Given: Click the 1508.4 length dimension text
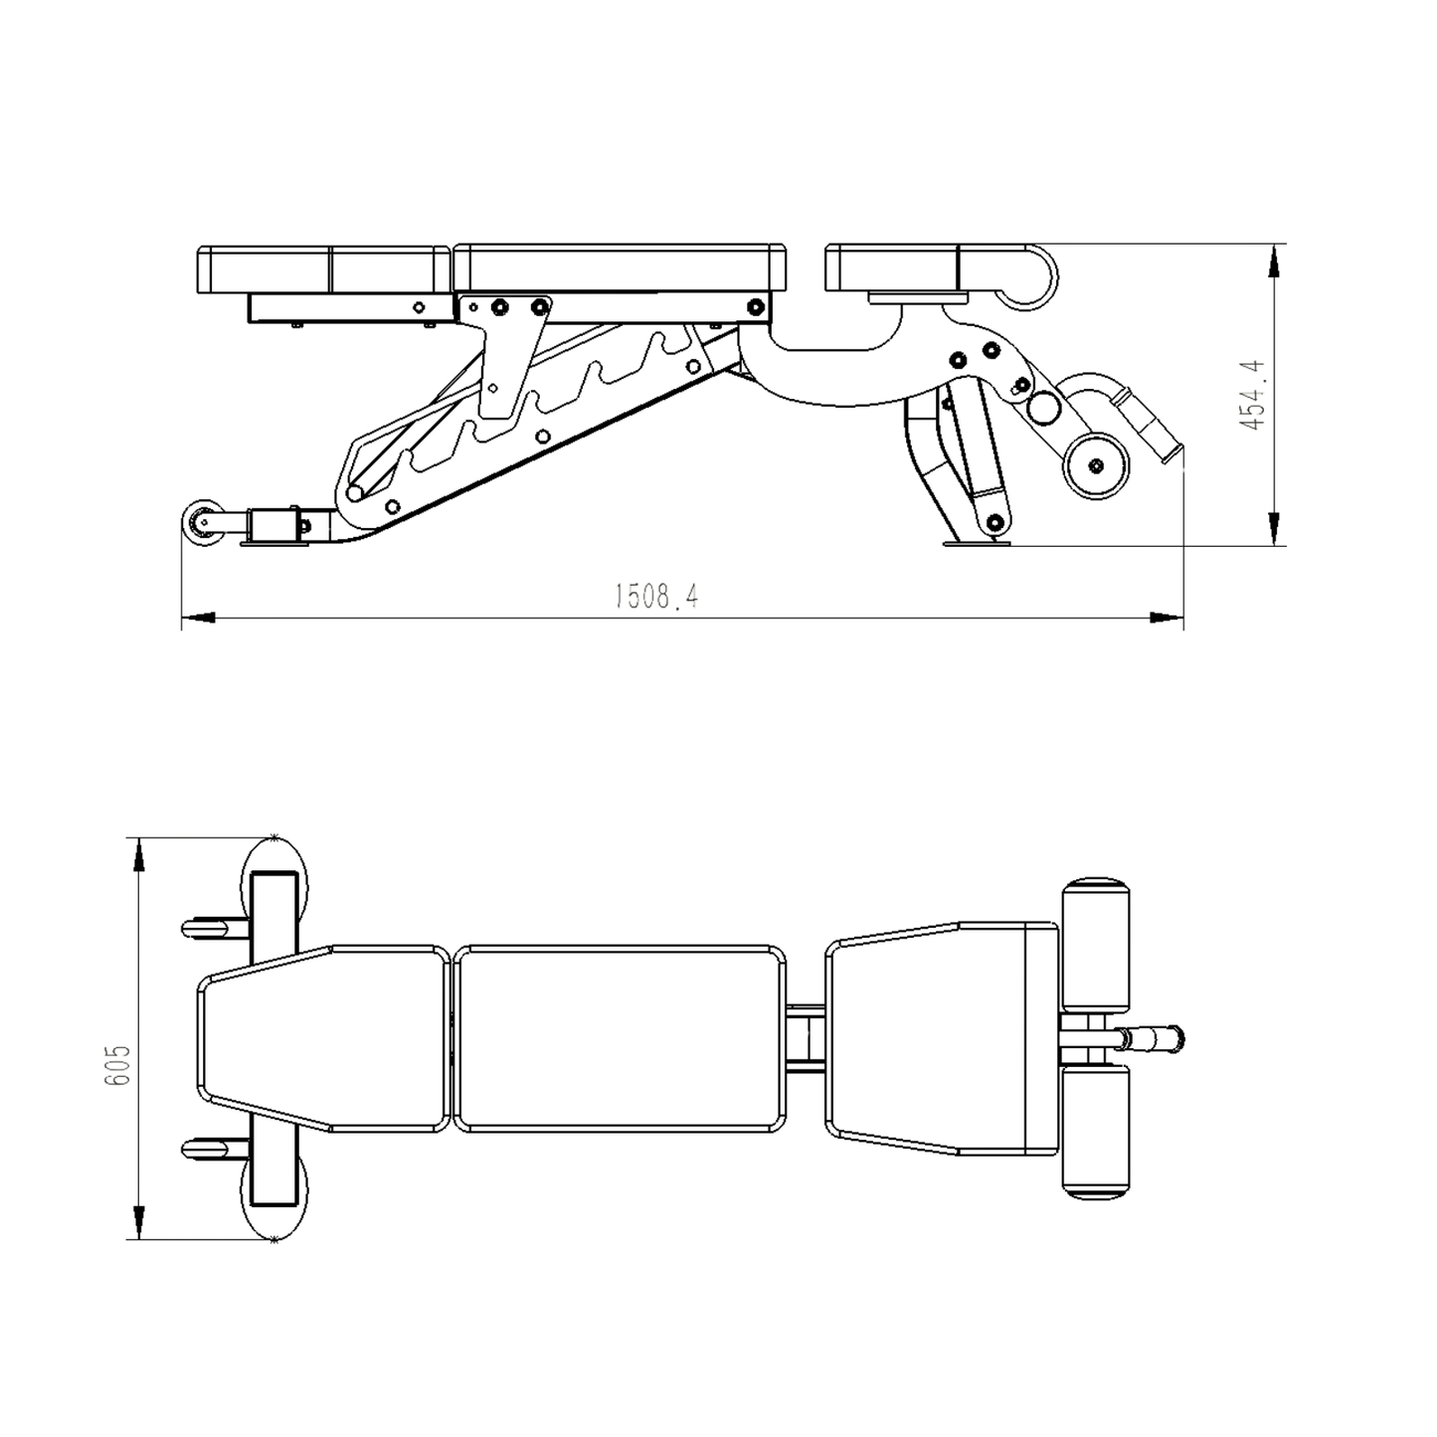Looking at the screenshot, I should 656,597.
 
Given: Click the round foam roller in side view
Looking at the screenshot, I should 1096,465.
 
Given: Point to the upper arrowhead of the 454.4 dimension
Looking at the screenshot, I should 1274,263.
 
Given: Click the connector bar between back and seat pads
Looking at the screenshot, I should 805,1039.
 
